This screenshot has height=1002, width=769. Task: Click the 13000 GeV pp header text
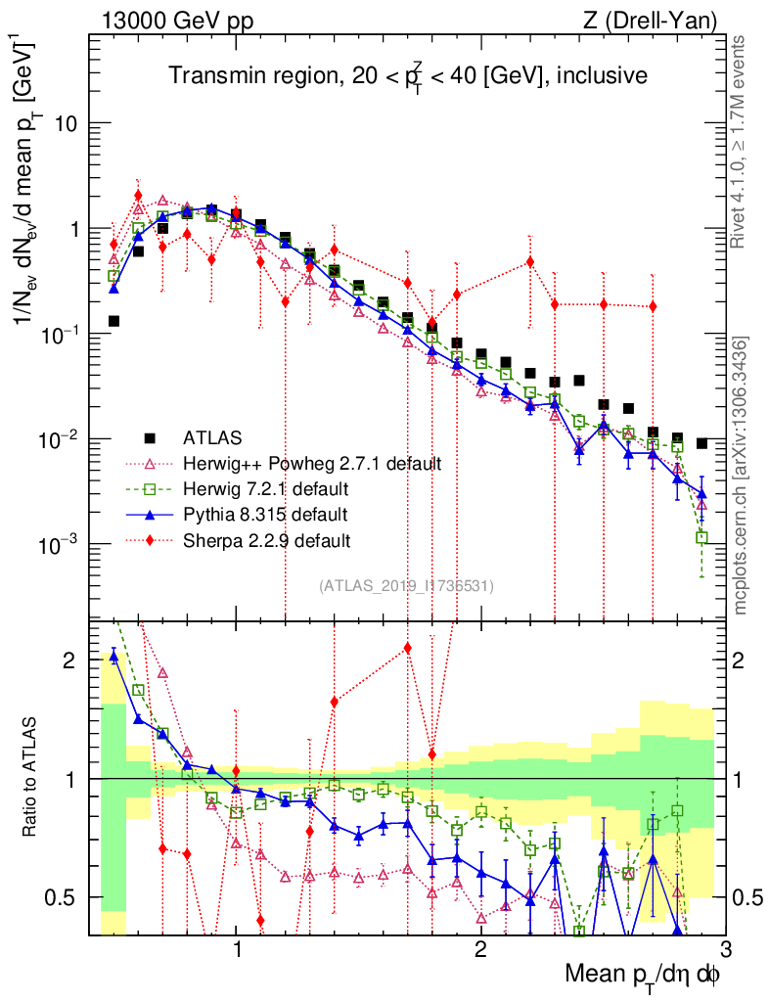pyautogui.click(x=173, y=20)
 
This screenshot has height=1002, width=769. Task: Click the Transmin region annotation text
pyautogui.click(x=406, y=75)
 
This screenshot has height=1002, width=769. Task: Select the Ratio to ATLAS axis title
pyautogui.click(x=33, y=779)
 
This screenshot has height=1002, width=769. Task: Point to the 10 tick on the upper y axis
pyautogui.click(x=66, y=124)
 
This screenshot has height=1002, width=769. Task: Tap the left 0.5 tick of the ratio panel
pyautogui.click(x=64, y=897)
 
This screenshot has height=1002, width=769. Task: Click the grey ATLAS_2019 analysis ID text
pyautogui.click(x=406, y=586)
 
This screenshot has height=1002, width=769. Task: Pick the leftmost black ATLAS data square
pyautogui.click(x=113, y=321)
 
